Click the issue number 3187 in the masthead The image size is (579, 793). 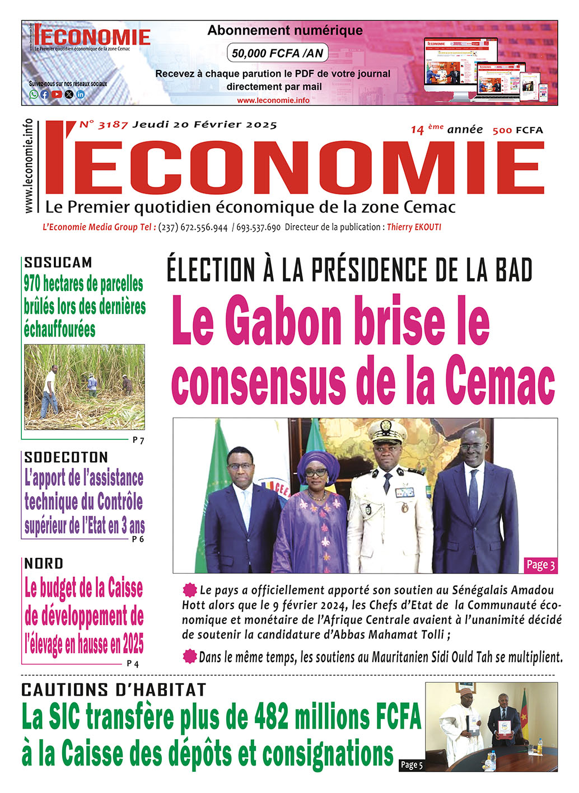tap(113, 125)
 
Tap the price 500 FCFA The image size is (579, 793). tap(517, 130)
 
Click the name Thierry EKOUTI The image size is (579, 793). tap(414, 227)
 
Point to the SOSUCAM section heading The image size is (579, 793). tap(58, 262)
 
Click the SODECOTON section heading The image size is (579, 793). tap(66, 457)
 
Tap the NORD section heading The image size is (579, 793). tap(44, 564)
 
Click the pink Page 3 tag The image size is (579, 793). tap(540, 565)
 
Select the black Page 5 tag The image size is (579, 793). tap(412, 764)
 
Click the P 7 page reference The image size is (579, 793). tap(138, 440)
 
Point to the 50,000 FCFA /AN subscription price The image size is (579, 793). tap(277, 54)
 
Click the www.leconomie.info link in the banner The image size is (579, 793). tap(273, 100)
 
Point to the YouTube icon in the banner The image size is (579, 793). tap(57, 95)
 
